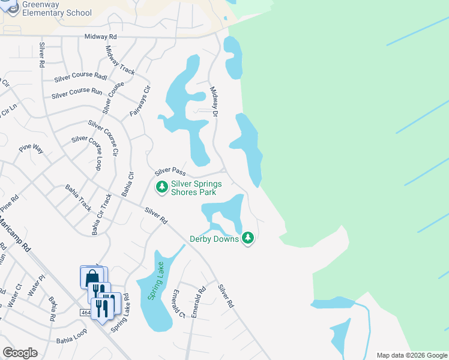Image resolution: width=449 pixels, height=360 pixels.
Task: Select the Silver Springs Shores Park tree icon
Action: tap(161, 188)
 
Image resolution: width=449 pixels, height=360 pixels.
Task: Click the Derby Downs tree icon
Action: tap(249, 239)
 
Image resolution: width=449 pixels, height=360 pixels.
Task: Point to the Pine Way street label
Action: tap(31, 149)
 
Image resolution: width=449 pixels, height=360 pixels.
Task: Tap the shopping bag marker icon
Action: tap(92, 277)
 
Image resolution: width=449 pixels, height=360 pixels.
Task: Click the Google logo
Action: tap(20, 353)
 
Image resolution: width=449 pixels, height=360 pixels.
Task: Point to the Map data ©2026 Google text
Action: tap(412, 355)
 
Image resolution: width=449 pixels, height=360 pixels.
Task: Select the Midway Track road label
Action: tap(120, 60)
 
